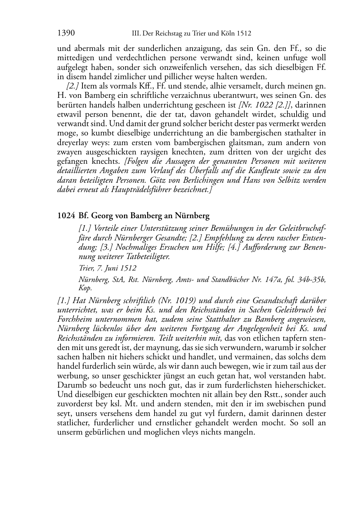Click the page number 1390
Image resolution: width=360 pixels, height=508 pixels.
pyautogui.click(x=66, y=33)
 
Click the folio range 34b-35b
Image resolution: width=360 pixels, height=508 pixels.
pyautogui.click(x=312, y=279)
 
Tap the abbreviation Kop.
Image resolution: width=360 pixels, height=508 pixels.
pyautogui.click(x=85, y=288)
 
